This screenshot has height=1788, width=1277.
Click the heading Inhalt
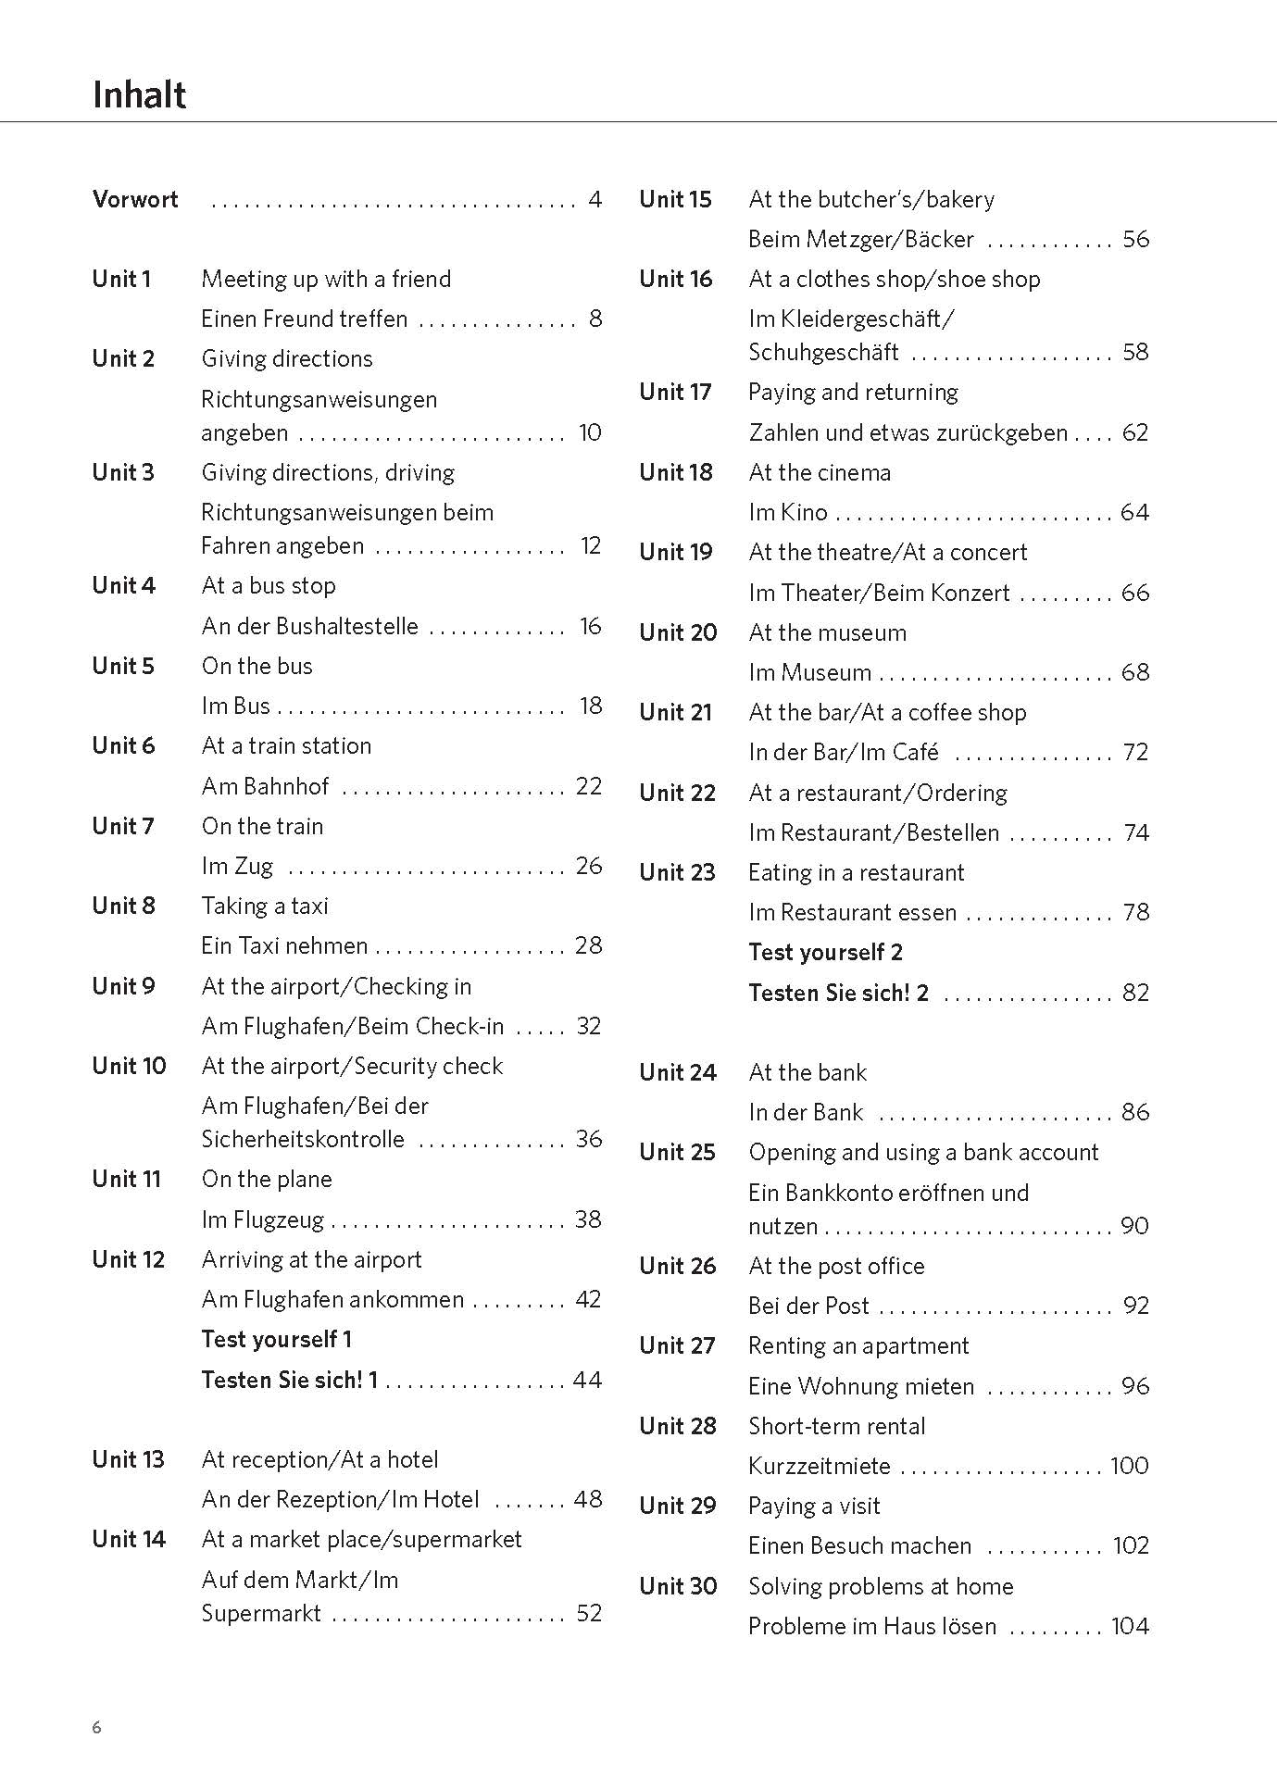[x=139, y=95]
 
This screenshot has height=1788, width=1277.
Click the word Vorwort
[x=135, y=199]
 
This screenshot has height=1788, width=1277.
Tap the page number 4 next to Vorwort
[x=595, y=199]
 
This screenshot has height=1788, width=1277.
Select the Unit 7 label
[x=123, y=826]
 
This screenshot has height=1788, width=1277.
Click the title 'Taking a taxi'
[x=265, y=906]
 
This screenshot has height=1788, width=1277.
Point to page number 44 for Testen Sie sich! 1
[x=587, y=1380]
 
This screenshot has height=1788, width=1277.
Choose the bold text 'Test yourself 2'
[x=825, y=952]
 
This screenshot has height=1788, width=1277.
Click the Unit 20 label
[x=678, y=632]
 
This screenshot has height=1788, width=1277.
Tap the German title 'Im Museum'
[x=809, y=672]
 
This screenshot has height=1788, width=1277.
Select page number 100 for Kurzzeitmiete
[x=1129, y=1466]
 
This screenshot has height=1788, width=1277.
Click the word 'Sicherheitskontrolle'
[x=303, y=1139]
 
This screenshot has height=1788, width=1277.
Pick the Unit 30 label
[x=678, y=1586]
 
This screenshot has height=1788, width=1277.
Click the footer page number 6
[x=97, y=1727]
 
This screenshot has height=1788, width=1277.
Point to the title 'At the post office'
[x=836, y=1266]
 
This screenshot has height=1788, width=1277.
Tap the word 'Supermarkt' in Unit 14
[x=261, y=1613]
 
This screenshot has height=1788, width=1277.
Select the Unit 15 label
[x=675, y=199]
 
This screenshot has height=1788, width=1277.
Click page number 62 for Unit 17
[x=1134, y=432]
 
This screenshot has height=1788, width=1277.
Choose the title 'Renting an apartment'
[x=858, y=1345]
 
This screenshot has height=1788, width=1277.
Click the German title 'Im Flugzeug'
[x=263, y=1219]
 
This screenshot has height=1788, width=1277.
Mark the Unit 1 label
[x=121, y=279]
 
